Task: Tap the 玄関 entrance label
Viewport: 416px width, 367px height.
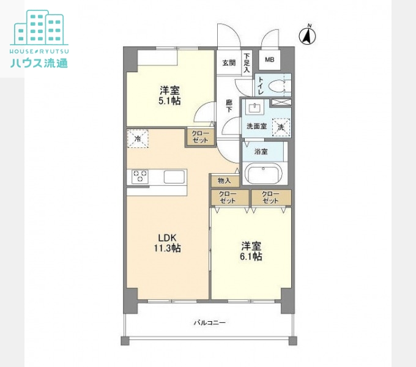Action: (x=229, y=63)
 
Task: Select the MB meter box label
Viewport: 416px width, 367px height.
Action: (x=270, y=60)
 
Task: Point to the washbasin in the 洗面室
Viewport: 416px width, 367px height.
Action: (x=254, y=108)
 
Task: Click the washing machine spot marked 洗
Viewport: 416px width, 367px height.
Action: (x=281, y=127)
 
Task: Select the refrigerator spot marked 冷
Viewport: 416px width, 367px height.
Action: (x=138, y=138)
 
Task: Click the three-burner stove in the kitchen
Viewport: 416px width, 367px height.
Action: (x=140, y=177)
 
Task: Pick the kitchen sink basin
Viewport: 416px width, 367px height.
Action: (x=174, y=177)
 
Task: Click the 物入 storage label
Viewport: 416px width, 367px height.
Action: (x=224, y=181)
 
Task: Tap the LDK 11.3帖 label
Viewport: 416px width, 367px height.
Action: (x=168, y=243)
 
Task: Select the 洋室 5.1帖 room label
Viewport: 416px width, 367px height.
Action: (x=169, y=95)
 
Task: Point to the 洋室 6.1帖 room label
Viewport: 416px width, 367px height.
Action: (x=251, y=251)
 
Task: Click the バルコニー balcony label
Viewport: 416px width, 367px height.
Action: (x=210, y=323)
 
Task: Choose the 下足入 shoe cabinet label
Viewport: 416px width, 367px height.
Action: (x=247, y=63)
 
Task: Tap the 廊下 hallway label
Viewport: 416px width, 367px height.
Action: (x=229, y=106)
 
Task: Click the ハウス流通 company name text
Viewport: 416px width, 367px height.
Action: (x=39, y=63)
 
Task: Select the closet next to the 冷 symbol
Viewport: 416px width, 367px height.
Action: (x=200, y=137)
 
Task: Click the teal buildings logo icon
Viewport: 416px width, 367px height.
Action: (x=39, y=28)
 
